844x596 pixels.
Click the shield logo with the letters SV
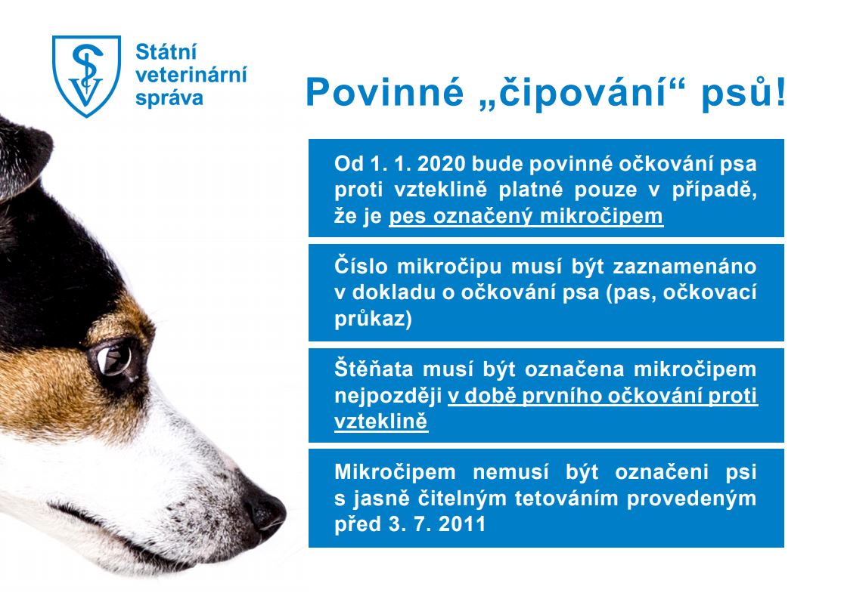pos(86,76)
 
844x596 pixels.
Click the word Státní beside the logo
pos(166,52)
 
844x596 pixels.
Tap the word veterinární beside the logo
pos(191,75)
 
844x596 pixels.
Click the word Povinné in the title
pos(384,92)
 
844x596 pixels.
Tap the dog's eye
pos(114,360)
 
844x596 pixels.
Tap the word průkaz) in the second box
pos(373,320)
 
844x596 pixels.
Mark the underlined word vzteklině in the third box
pos(381,422)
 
